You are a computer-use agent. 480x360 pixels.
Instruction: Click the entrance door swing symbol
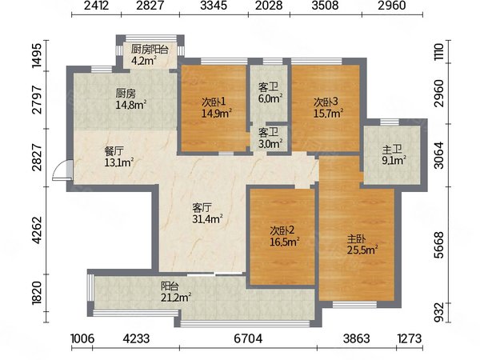point(62,170)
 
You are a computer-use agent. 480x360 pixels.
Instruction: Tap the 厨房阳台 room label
point(150,50)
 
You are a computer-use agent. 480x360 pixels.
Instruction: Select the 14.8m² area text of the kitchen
point(131,105)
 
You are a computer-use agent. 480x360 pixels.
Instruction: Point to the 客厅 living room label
point(202,208)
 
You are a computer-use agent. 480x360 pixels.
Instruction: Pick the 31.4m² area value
point(207,219)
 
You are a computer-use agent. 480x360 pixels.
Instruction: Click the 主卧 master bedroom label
point(356,238)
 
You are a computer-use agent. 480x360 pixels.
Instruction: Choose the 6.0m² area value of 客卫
point(270,98)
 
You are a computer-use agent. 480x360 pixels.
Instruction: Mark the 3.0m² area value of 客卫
point(270,143)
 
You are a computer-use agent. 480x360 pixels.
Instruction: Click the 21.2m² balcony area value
point(176,297)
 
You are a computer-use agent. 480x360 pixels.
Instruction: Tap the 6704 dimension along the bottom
point(248,338)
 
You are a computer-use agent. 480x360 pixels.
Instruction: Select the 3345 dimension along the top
point(214,6)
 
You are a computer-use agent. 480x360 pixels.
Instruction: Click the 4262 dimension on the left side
point(38,230)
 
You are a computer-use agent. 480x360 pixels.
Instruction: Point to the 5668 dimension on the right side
point(438,245)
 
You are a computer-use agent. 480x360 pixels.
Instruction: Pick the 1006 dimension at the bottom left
point(82,338)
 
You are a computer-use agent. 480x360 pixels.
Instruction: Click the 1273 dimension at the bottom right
point(410,338)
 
